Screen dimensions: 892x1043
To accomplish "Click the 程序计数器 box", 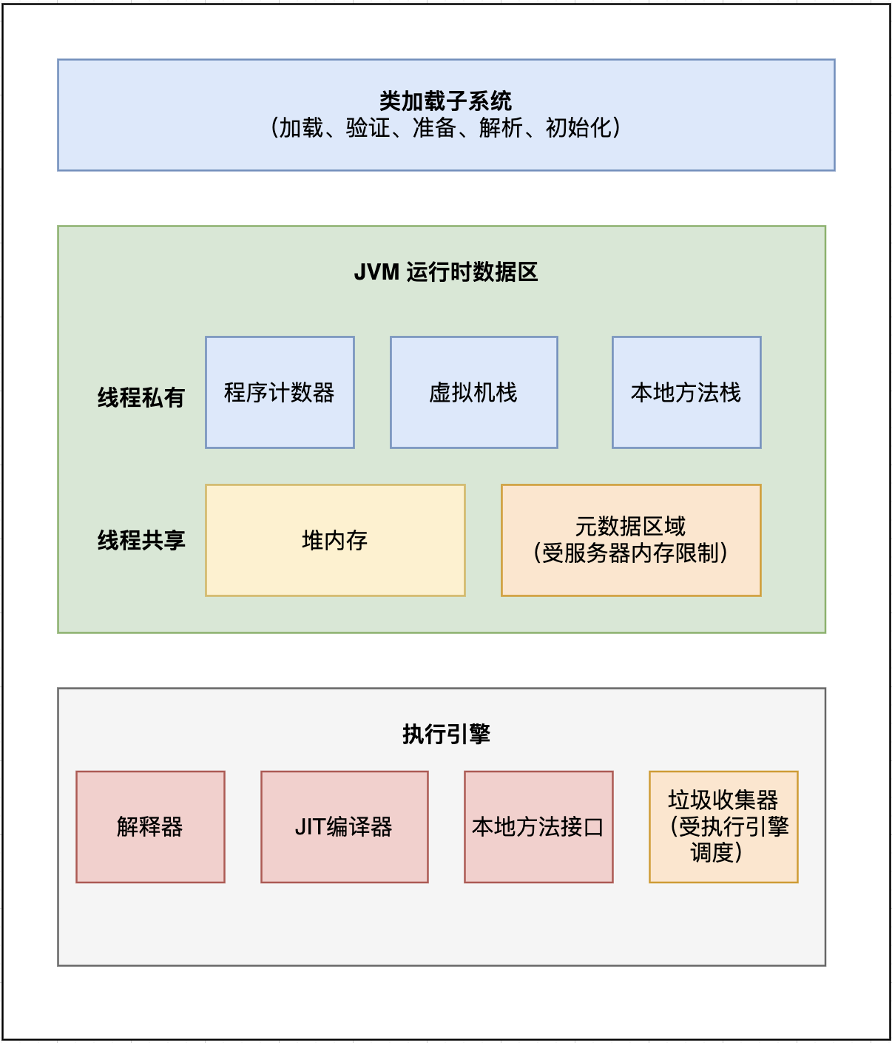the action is click(x=280, y=392).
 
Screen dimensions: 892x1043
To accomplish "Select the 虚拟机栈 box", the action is click(x=473, y=392).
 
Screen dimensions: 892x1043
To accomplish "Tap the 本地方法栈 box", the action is click(x=686, y=392).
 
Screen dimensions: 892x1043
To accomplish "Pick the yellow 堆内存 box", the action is click(x=335, y=540).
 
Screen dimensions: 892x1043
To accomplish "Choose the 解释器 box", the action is click(x=150, y=826).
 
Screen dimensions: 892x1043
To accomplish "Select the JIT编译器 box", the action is click(x=344, y=826).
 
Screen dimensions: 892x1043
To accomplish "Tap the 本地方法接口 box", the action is click(x=538, y=826).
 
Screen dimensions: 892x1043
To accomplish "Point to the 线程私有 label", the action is click(x=141, y=397).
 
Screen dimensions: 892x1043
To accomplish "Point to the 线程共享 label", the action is click(x=141, y=540).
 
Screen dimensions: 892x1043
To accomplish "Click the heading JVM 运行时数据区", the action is click(x=446, y=272).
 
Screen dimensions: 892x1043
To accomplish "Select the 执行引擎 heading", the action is click(x=446, y=734).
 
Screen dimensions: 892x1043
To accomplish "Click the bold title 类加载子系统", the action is click(x=446, y=101).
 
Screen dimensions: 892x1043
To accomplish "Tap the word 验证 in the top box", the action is click(x=368, y=128).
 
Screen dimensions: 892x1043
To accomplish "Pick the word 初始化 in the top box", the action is click(x=578, y=128).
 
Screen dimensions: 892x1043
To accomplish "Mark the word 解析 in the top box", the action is click(x=501, y=128).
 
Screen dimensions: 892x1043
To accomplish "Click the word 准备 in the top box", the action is click(x=434, y=128).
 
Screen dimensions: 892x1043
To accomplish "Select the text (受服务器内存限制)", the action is click(x=631, y=553).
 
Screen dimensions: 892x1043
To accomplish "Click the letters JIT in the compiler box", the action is click(x=310, y=826).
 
